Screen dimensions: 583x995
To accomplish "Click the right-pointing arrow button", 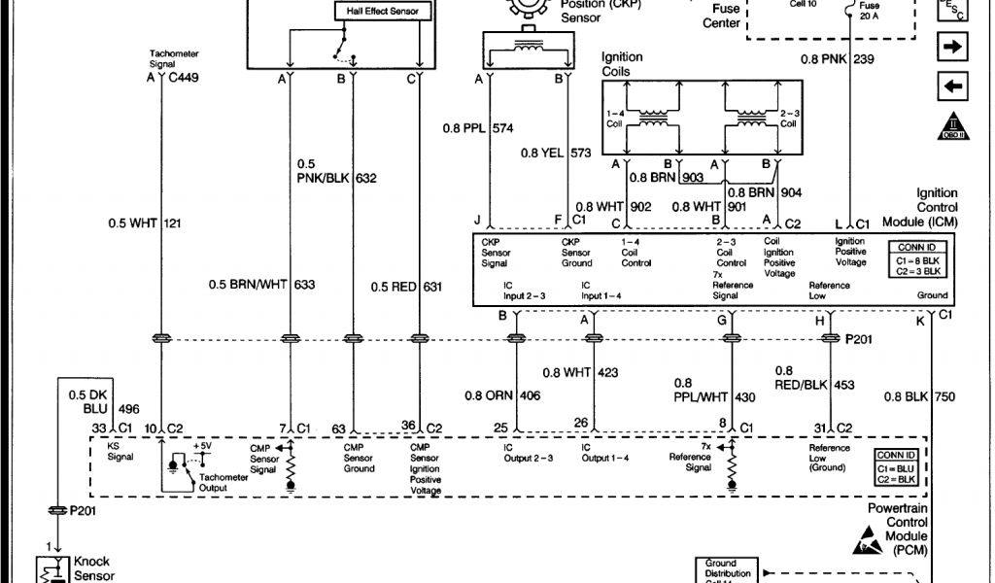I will point(951,46).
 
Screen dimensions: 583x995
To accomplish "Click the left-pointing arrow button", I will point(951,87).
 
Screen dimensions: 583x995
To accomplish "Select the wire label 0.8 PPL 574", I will point(475,127).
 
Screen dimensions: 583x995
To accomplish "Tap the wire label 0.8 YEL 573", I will point(556,153).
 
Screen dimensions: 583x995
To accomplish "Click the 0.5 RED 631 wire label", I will point(407,286).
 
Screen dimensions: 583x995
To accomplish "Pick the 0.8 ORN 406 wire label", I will point(502,395).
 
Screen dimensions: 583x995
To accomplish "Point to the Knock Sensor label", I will point(92,567).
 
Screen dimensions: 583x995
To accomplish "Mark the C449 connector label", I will point(182,77).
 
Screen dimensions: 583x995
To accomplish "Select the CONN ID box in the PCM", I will point(895,467).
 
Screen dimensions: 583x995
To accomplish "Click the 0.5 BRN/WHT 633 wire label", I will point(261,286).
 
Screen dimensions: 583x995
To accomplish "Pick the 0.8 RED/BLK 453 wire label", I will point(814,378).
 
